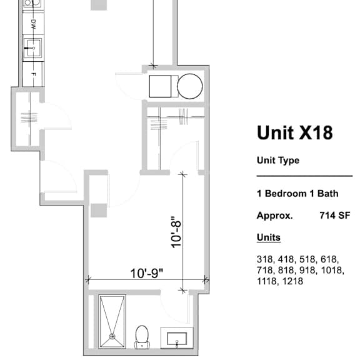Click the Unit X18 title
[295, 132]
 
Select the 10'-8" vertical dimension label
[176, 232]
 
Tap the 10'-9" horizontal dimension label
[147, 273]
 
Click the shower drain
[112, 337]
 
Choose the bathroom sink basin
[177, 338]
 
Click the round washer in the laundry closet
[189, 86]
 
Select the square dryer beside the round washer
[161, 86]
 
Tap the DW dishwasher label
[34, 24]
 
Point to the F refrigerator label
[34, 74]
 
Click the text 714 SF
[335, 216]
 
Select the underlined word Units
[269, 237]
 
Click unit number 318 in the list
[265, 259]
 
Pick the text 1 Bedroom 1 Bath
[297, 194]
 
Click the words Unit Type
[278, 161]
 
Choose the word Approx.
[275, 216]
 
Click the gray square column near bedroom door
[99, 210]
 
